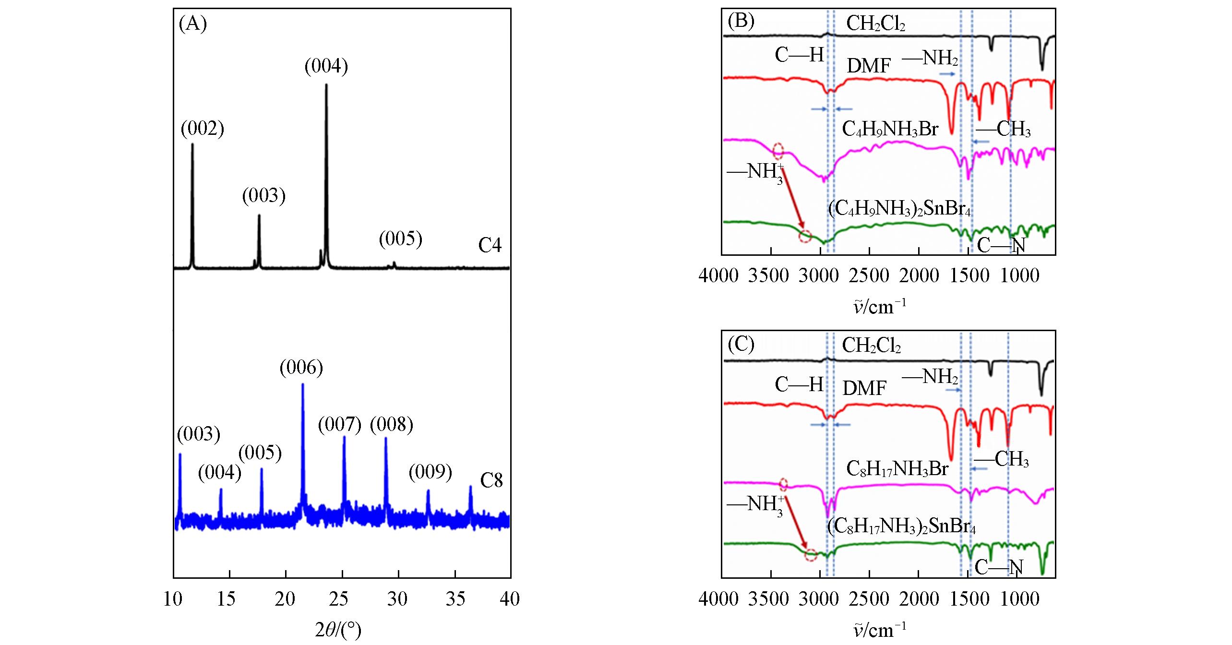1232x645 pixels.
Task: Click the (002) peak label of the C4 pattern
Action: click(x=203, y=129)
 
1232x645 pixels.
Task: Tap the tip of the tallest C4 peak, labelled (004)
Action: click(x=326, y=85)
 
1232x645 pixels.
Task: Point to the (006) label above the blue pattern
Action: click(x=301, y=368)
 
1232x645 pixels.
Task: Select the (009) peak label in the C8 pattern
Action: click(x=431, y=472)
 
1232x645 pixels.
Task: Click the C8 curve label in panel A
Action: click(x=491, y=480)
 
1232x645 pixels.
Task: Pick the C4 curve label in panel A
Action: click(x=490, y=246)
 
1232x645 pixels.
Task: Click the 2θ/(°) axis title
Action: click(x=338, y=630)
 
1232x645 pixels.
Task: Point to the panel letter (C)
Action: click(x=741, y=344)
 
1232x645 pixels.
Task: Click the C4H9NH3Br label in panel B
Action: click(x=890, y=129)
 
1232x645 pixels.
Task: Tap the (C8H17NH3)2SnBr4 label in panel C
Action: click(x=901, y=526)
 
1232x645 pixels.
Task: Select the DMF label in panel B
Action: click(x=869, y=66)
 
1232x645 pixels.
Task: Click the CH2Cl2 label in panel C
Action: click(x=871, y=345)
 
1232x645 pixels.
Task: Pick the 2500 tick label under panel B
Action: click(x=869, y=275)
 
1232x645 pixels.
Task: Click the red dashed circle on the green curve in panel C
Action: click(x=811, y=555)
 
